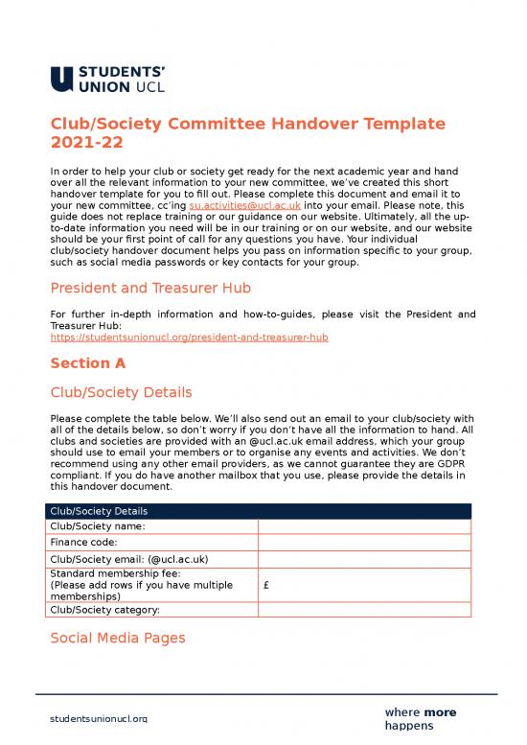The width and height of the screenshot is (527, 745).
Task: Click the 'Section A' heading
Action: coord(87,363)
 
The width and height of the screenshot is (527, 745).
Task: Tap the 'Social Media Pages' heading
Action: coord(118,638)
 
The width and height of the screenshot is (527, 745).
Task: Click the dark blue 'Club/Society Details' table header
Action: coord(260,511)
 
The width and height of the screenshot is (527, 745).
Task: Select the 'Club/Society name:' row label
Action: coord(97,526)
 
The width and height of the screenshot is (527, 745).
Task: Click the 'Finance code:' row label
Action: coord(83,543)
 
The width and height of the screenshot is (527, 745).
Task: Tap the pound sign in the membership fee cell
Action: coord(264,584)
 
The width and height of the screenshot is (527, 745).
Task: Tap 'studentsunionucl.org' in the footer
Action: coord(99,718)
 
